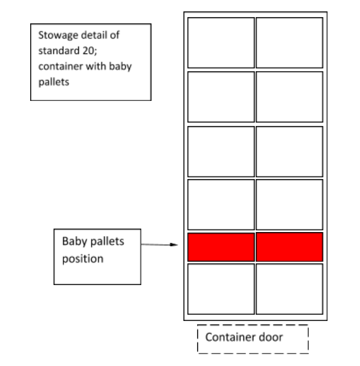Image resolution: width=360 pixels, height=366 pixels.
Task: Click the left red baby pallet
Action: coord(221,247)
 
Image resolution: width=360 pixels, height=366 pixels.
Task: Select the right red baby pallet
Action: coord(289,247)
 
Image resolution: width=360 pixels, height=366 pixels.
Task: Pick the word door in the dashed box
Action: coord(269,337)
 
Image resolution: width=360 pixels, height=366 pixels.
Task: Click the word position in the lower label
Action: coord(83,258)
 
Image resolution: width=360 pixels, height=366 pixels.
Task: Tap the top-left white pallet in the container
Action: coord(221,43)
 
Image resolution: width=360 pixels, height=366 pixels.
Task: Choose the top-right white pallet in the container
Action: coord(289,43)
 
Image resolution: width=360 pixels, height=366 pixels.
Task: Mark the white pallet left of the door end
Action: coord(221,288)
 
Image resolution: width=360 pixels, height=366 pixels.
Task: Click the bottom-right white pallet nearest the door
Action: coord(289,288)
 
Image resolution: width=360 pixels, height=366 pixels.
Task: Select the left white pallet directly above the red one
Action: coord(221,204)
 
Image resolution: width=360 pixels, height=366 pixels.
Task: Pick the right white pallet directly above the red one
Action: coord(289,204)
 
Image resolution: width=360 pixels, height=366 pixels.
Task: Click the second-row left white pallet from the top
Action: coord(221,96)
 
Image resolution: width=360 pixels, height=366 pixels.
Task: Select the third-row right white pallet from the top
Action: coord(289,151)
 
